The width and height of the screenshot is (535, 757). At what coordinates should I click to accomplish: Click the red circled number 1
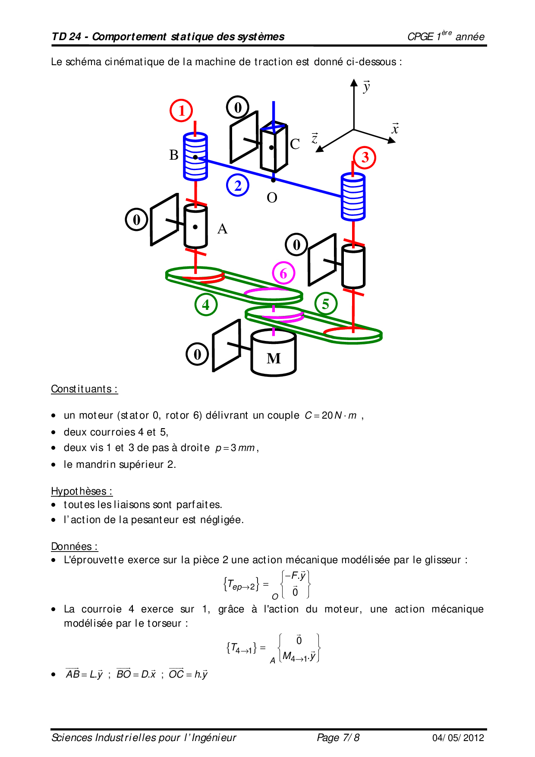(181, 110)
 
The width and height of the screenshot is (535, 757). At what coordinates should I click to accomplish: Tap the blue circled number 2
(237, 185)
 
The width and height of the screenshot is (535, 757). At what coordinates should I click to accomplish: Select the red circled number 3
(365, 158)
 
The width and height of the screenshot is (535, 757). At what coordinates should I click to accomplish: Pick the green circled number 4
(206, 304)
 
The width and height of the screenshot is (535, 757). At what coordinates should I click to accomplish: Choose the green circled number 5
(326, 303)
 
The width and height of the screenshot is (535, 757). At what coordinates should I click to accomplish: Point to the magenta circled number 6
(283, 273)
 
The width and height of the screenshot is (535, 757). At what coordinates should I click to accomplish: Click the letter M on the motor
(274, 358)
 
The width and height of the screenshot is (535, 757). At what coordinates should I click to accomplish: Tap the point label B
(174, 155)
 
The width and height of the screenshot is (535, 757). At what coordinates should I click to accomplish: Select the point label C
(295, 144)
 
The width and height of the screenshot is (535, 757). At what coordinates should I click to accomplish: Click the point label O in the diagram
(272, 198)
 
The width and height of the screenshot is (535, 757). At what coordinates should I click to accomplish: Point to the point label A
(222, 229)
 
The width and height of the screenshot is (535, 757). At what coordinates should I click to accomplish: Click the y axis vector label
(366, 87)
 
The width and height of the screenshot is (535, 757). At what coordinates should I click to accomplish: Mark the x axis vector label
(395, 129)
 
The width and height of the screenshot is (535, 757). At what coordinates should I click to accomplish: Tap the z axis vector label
(315, 138)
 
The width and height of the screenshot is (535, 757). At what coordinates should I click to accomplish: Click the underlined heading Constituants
(84, 389)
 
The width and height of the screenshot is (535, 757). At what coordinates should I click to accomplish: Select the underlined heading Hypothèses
(82, 491)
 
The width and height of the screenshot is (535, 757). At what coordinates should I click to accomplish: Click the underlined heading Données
(74, 546)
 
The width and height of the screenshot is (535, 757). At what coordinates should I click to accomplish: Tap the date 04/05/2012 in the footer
(458, 738)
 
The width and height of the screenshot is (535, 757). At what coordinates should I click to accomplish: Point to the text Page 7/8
(338, 738)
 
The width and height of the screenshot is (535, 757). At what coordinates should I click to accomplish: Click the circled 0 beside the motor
(197, 354)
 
